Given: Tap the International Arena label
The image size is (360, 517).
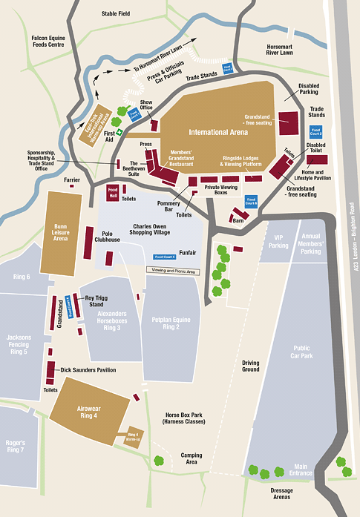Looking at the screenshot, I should (x=218, y=132).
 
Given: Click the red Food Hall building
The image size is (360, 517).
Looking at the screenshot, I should (x=113, y=191).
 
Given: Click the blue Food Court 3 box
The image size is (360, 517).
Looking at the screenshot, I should (x=164, y=257).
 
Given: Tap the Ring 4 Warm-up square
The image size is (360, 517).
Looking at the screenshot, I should (x=134, y=437).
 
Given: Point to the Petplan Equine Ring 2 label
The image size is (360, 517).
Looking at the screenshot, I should (x=171, y=324).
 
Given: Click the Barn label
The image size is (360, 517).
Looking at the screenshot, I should (x=238, y=220).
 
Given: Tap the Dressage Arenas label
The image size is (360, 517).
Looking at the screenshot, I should (x=281, y=494).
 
